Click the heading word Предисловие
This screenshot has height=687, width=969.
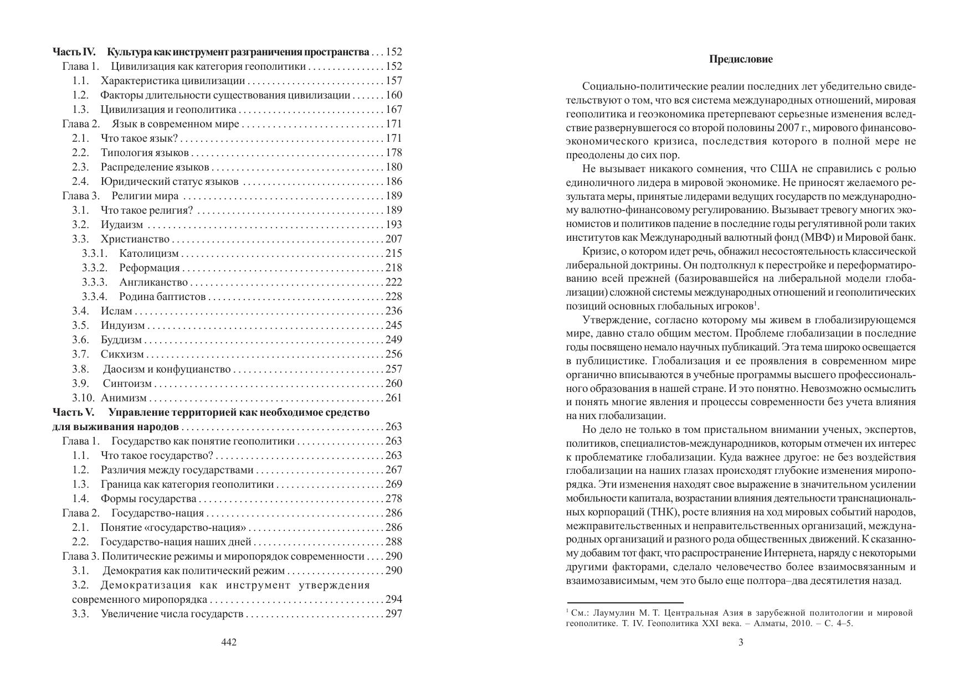coord(741,59)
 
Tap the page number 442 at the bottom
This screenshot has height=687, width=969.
coord(229,642)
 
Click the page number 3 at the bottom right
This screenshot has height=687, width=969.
coord(741,642)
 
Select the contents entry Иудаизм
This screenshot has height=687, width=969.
coord(122,225)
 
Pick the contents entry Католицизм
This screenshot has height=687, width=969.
coord(149,254)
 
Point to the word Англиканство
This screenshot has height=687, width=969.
coord(153,282)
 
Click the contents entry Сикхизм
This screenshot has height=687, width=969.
coord(122,354)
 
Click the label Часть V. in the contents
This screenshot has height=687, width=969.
coord(74,412)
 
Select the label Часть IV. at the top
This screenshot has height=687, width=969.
coord(74,52)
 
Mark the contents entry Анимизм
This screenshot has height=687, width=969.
coord(124,398)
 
